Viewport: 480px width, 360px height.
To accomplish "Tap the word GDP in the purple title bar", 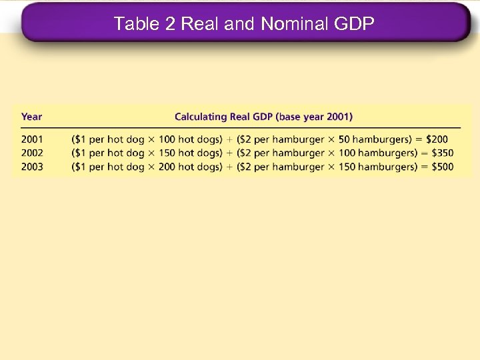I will pyautogui.click(x=353, y=24).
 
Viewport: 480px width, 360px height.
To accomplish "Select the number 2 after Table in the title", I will pyautogui.click(x=169, y=24).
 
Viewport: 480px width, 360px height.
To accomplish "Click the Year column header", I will pyautogui.click(x=31, y=117).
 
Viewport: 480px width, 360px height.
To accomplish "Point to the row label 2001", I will pyautogui.click(x=32, y=139).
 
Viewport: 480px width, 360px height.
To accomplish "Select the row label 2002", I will pyautogui.click(x=32, y=153).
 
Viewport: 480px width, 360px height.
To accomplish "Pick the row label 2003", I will pyautogui.click(x=32, y=167).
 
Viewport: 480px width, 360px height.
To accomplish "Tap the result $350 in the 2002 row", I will pyautogui.click(x=439, y=153).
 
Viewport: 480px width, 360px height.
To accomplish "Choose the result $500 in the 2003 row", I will pyautogui.click(x=439, y=167).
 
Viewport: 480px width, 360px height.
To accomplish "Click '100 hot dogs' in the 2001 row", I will pyautogui.click(x=189, y=139).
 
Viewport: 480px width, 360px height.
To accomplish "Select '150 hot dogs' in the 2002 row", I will pyautogui.click(x=189, y=153).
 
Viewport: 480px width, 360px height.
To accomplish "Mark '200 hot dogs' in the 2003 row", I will pyautogui.click(x=189, y=167).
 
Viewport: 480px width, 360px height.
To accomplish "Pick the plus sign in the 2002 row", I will pyautogui.click(x=229, y=153).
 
